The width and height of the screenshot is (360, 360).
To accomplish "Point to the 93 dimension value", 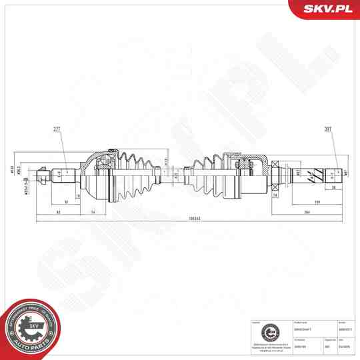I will (59, 211).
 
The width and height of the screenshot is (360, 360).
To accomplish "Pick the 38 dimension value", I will (334, 188).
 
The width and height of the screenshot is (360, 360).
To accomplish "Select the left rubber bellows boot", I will (137, 176).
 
